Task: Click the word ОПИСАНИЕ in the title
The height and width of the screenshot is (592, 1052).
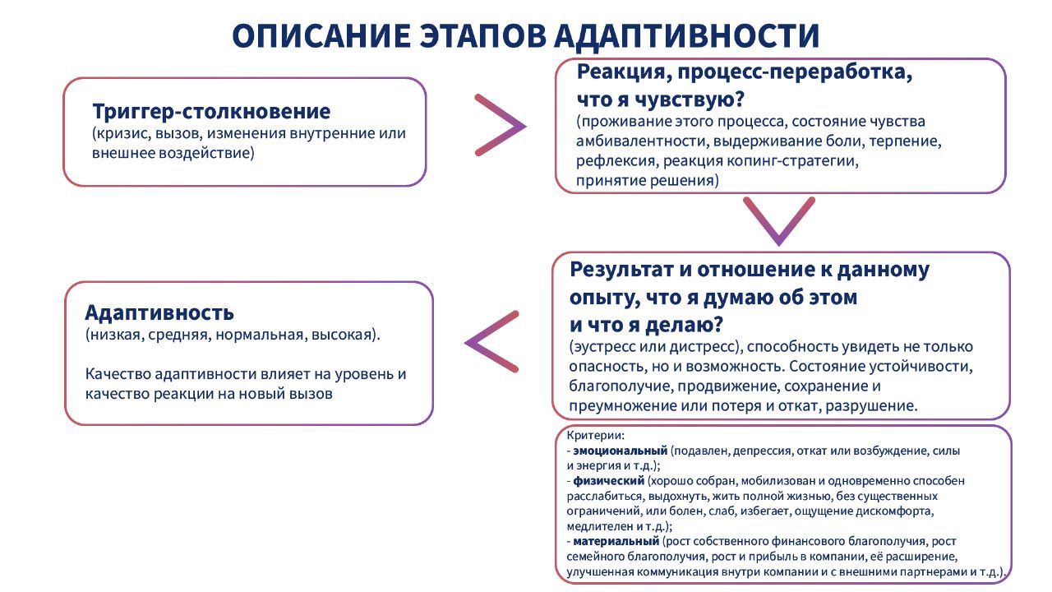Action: [x=321, y=35]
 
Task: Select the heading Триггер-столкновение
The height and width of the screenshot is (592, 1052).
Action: [x=211, y=112]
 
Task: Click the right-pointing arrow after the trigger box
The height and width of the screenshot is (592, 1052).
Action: [x=501, y=125]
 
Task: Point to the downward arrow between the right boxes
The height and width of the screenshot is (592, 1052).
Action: [x=779, y=221]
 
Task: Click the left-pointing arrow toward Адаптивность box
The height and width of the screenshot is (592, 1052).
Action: [x=491, y=342]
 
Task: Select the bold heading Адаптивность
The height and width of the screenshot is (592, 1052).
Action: [x=159, y=313]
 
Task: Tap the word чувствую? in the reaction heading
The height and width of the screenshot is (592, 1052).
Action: [x=690, y=99]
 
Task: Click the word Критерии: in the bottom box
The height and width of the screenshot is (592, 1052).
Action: [x=595, y=436]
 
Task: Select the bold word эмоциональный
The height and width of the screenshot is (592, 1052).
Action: [x=620, y=451]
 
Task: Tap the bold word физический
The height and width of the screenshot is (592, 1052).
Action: [x=609, y=481]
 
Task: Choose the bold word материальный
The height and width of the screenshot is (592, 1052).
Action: [x=616, y=541]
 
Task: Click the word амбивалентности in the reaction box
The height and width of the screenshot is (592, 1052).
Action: [x=642, y=141]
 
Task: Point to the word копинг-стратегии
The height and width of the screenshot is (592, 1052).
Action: [x=793, y=161]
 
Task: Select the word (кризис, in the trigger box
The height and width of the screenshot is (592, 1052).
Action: [x=122, y=133]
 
